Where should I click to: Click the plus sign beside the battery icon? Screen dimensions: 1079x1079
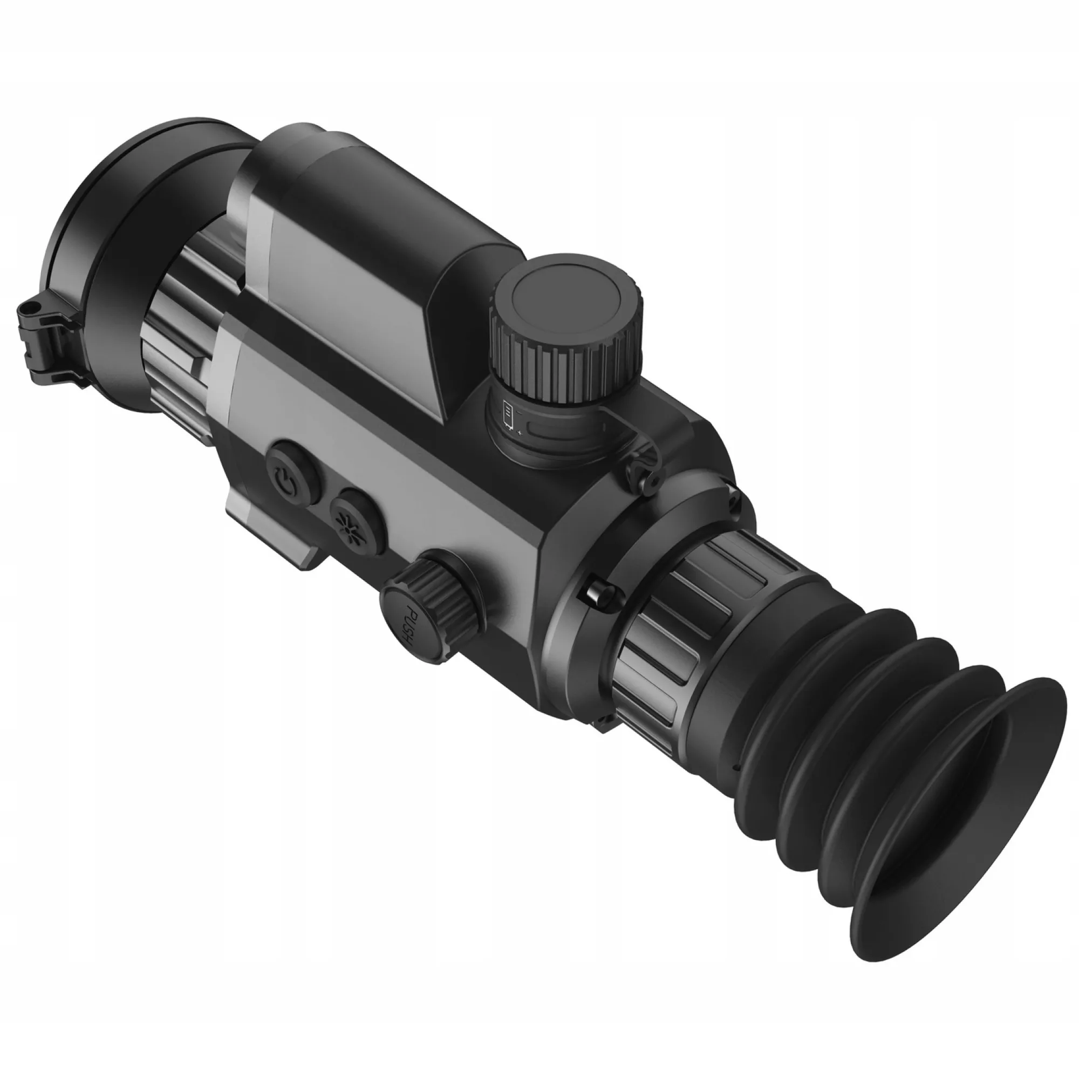tap(521, 432)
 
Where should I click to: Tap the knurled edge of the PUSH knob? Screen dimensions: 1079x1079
tap(447, 592)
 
